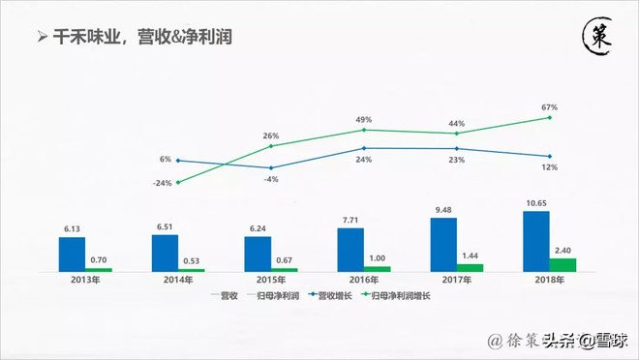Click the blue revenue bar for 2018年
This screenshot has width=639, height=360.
(x=536, y=241)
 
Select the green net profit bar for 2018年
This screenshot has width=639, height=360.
(x=563, y=264)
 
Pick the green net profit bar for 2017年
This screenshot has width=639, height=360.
(x=470, y=267)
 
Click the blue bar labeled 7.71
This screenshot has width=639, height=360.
(x=350, y=250)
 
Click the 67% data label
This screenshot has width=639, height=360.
(x=550, y=107)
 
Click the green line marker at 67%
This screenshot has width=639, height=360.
(x=550, y=118)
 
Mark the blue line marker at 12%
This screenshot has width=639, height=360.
(x=550, y=156)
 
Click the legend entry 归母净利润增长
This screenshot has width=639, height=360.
(x=400, y=296)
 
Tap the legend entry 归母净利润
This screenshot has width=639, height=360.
(x=275, y=296)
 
